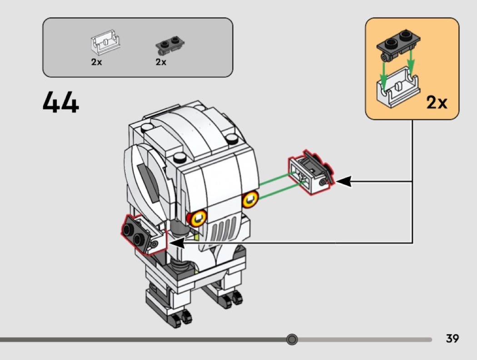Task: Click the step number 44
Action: click(61, 102)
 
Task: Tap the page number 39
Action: click(452, 339)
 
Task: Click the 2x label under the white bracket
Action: click(96, 62)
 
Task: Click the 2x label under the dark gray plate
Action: click(161, 62)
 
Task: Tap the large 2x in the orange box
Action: click(437, 103)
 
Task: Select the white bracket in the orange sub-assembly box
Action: click(397, 86)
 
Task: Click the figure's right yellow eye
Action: click(250, 198)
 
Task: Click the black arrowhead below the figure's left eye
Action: click(178, 243)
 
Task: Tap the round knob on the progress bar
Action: click(292, 339)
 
